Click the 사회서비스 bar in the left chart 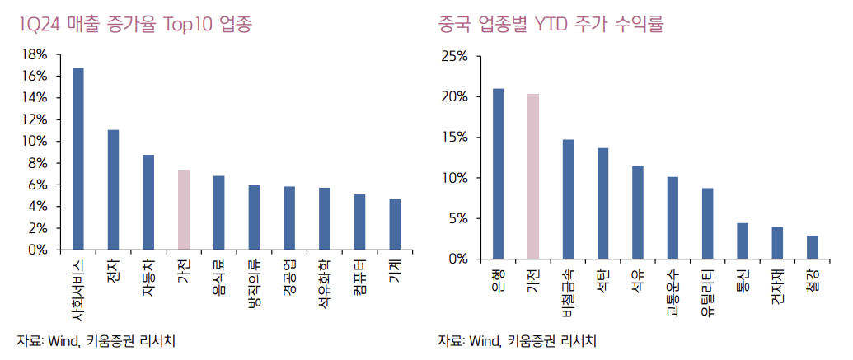(78, 158)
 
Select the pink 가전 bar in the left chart (184, 209)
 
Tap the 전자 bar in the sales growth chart (114, 189)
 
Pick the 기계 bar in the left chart (396, 224)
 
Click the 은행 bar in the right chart (499, 174)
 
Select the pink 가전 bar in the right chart (533, 176)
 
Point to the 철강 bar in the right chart (813, 247)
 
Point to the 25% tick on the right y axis (454, 56)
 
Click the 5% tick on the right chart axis (457, 219)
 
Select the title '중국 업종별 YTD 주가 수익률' (551, 25)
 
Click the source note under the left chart (96, 340)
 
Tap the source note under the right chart (517, 340)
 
